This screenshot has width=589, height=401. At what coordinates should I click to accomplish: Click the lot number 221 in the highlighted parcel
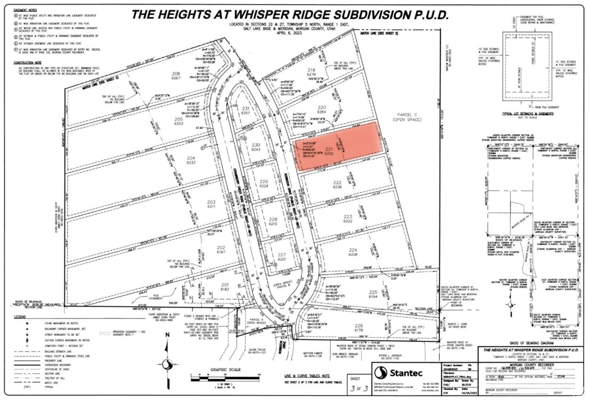pyautogui.click(x=329, y=148)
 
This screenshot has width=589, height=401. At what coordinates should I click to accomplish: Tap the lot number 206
pyautogui.click(x=176, y=74)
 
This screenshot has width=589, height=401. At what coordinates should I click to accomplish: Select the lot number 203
pyautogui.click(x=211, y=202)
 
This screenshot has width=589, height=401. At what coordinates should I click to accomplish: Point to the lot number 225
pyautogui.click(x=373, y=292)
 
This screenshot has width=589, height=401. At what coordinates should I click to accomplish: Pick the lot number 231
pyautogui.click(x=245, y=108)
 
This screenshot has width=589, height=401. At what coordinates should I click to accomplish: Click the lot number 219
pyautogui.click(x=311, y=70)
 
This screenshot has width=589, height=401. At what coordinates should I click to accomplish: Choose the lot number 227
pyautogui.click(x=282, y=255)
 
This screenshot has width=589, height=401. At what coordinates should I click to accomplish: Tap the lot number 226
pyautogui.click(x=359, y=326)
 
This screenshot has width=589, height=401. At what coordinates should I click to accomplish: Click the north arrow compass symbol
pyautogui.click(x=168, y=364)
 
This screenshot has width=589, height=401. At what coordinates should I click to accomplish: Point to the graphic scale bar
pyautogui.click(x=225, y=377)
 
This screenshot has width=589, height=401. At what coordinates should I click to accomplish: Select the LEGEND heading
pyautogui.click(x=20, y=317)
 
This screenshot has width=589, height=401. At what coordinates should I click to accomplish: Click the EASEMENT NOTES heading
pyautogui.click(x=25, y=10)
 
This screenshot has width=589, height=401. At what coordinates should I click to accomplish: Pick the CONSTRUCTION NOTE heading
pyautogui.click(x=28, y=63)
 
